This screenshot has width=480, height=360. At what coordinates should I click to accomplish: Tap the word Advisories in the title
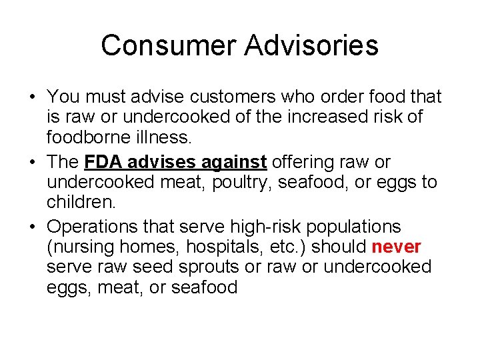coord(311,45)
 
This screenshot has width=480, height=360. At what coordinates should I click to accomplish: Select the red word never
coord(397,247)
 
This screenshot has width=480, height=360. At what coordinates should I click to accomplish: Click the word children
coord(78,203)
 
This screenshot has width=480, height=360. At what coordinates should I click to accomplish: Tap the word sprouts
coord(205,267)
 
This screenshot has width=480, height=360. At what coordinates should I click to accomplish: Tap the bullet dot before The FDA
coord(32,163)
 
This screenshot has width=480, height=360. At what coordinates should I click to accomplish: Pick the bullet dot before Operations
coord(32,227)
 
